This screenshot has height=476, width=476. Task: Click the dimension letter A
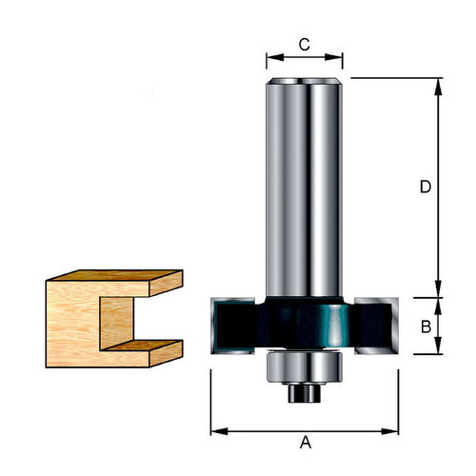[x=306, y=442]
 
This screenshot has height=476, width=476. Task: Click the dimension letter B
[x=426, y=327]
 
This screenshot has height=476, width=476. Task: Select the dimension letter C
[x=304, y=45]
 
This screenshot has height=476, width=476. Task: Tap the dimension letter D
[x=426, y=187]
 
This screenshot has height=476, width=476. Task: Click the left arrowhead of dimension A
[x=219, y=431]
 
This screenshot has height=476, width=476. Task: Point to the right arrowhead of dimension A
[x=389, y=431]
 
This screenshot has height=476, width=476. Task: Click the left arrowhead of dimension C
[x=275, y=57]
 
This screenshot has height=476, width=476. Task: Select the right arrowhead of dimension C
[x=334, y=57]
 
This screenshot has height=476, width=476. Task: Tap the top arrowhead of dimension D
[x=438, y=87]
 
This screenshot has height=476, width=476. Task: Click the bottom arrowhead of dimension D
[x=438, y=288]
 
